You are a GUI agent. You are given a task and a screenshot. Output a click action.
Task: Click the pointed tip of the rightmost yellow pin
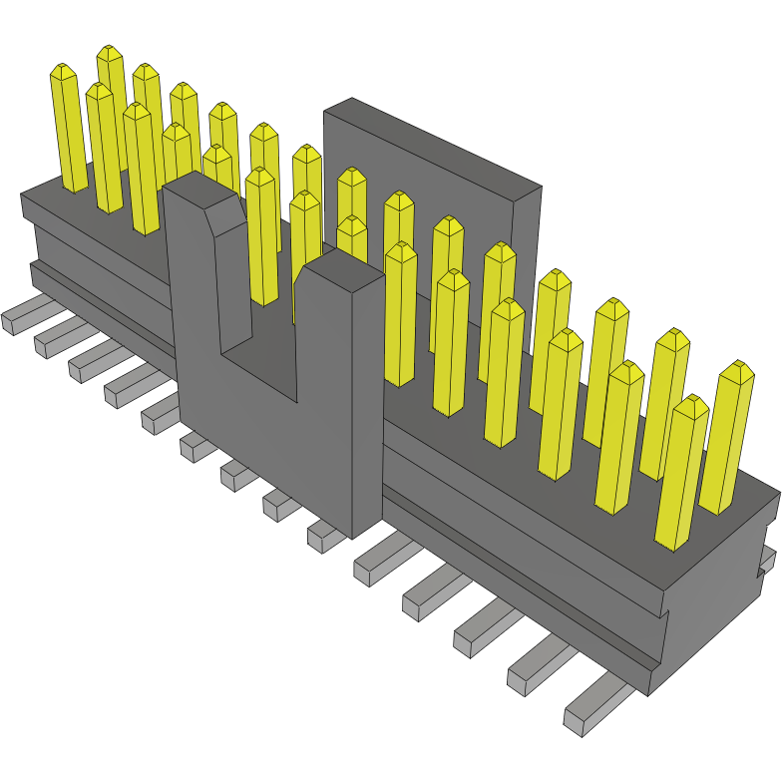[737, 373]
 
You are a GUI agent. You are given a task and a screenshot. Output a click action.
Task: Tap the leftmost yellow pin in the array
[70, 130]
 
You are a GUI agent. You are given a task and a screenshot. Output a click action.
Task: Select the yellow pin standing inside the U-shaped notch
[261, 239]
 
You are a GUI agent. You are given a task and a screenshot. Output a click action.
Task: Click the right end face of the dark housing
[718, 598]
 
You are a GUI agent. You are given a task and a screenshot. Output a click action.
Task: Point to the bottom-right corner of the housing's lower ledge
[650, 693]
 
